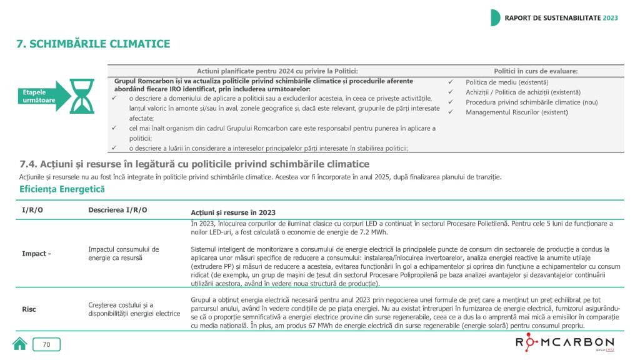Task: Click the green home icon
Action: (20, 344)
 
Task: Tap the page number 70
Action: (46, 344)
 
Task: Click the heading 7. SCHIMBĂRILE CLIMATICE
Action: (93, 44)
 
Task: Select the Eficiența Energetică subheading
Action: (62, 189)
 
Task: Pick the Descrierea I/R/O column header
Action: (118, 209)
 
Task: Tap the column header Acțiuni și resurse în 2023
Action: (233, 212)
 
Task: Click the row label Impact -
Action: (36, 253)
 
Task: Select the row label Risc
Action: (29, 309)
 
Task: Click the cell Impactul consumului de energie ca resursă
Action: (124, 253)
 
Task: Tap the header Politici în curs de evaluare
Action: (536, 71)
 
